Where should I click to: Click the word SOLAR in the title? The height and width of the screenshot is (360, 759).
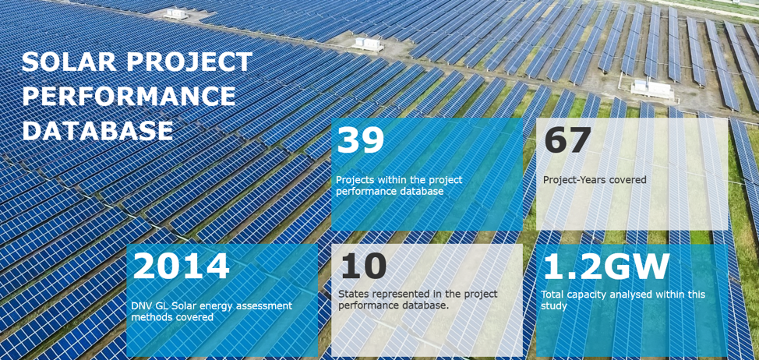pyautogui.click(x=67, y=62)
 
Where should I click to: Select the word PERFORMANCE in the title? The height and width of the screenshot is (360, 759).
pyautogui.click(x=129, y=96)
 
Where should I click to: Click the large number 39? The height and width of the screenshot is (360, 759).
pyautogui.click(x=360, y=140)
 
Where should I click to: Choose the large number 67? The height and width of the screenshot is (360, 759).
pyautogui.click(x=567, y=140)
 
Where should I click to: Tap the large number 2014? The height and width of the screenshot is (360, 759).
pyautogui.click(x=181, y=266)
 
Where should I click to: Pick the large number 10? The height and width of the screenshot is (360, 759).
pyautogui.click(x=364, y=266)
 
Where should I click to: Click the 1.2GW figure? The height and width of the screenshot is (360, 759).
pyautogui.click(x=606, y=266)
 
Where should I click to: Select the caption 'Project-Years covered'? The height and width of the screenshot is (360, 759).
pyautogui.click(x=595, y=180)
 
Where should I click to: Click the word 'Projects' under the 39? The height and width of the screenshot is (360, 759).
pyautogui.click(x=353, y=181)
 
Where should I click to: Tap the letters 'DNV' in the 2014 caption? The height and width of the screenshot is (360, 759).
pyautogui.click(x=141, y=305)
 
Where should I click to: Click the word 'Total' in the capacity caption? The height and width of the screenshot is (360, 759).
pyautogui.click(x=552, y=295)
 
